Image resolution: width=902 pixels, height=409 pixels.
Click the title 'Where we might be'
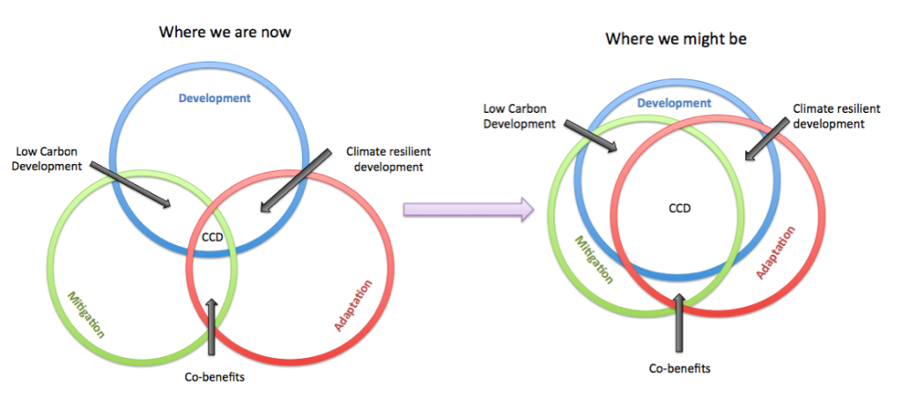[676, 39]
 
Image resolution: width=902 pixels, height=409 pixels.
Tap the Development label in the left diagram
[215, 98]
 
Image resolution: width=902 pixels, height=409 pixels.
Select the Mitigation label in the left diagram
[86, 315]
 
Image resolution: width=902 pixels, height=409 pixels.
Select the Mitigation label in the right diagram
[594, 259]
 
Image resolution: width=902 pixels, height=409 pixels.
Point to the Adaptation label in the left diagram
[353, 305]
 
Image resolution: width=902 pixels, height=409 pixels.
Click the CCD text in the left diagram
[211, 236]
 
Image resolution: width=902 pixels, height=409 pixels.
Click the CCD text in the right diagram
[679, 208]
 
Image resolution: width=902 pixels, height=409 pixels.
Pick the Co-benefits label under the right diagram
[679, 368]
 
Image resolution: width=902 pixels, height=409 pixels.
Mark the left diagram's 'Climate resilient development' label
[388, 159]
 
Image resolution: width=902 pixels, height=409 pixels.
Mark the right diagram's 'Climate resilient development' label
[829, 115]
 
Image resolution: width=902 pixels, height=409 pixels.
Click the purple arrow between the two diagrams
[469, 209]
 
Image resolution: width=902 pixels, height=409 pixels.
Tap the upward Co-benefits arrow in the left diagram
[212, 326]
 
